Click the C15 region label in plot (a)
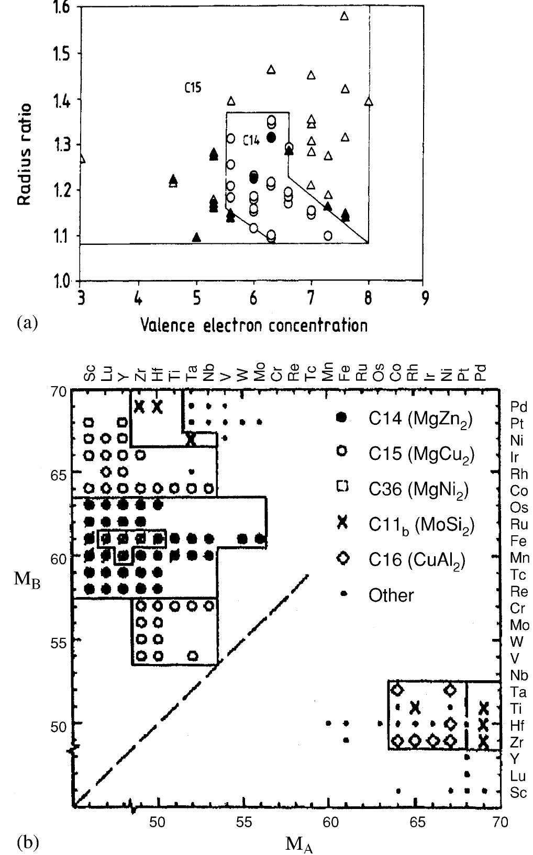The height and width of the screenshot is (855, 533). pos(193,88)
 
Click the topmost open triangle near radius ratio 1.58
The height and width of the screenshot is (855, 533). pos(344,16)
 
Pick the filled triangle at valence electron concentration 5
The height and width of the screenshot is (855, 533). pos(196,237)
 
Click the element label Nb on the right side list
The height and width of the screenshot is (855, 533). pos(518,675)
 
